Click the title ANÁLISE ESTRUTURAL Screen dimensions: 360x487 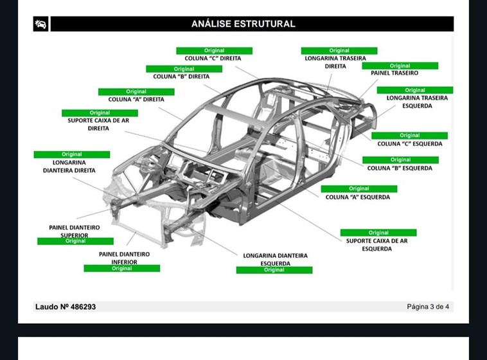point(243,24)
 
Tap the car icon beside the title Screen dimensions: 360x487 point(40,24)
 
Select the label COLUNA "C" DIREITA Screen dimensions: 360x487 point(213,59)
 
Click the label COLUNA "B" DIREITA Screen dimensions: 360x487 point(181,76)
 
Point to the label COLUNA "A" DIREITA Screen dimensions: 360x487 point(136,100)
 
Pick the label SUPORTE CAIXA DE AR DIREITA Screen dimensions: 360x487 point(98,124)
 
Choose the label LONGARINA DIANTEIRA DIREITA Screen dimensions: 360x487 point(69,166)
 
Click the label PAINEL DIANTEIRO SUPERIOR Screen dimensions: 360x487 point(75,231)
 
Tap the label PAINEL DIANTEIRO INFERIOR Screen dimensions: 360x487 point(124,258)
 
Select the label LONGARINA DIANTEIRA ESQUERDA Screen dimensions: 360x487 point(275,259)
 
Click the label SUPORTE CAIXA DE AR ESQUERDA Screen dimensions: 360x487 point(376,244)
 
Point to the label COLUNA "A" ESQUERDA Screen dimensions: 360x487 point(357,197)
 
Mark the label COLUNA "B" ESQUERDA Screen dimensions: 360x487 point(400,168)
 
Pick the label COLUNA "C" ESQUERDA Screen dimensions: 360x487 point(409,144)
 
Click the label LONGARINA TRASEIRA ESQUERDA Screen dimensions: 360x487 point(417,102)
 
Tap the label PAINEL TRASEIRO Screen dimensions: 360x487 point(394,73)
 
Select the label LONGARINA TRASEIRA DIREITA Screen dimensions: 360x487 point(335,62)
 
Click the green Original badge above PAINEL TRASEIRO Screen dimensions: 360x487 point(400,66)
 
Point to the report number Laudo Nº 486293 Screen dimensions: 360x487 point(66,307)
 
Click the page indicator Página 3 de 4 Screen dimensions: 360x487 point(428,307)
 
